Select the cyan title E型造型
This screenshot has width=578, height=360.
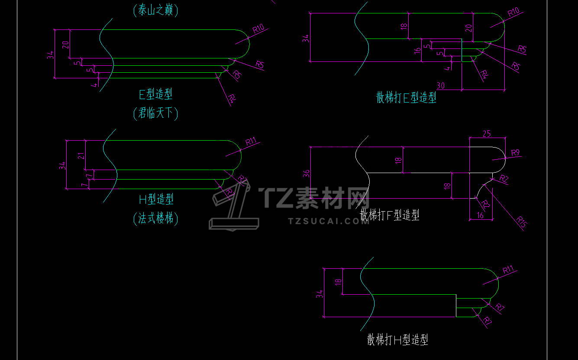pos(156,94)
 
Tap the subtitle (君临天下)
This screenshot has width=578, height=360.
pos(156,113)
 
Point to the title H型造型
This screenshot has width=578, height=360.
pos(156,199)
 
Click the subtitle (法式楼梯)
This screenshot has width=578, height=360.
pos(156,219)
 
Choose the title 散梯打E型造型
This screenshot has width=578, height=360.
pos(406,97)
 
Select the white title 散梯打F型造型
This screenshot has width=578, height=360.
pos(390,215)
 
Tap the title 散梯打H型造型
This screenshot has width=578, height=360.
pos(397,340)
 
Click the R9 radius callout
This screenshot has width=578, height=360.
pos(515,153)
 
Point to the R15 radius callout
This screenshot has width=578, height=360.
pos(521,222)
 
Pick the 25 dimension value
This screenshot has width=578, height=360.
pos(487,134)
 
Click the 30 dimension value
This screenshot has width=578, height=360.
pos(441,85)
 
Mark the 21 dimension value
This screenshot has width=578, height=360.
pos(81,155)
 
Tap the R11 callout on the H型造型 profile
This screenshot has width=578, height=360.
pos(251,141)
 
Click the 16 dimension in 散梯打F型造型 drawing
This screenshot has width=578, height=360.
pos(481,215)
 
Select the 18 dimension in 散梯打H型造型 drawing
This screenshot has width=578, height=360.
pos(338,281)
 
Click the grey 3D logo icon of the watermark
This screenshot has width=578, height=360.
pos(232,206)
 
